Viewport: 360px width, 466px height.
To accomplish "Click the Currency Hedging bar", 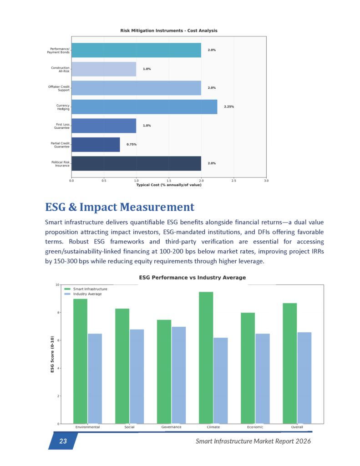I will pos(144,106).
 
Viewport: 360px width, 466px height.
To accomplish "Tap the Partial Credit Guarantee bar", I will pos(96,144).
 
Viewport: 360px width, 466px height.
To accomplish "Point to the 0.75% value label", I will pos(132,144).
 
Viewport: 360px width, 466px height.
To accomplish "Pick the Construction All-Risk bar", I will pos(104,69).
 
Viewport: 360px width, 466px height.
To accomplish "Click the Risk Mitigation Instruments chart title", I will pos(168,30).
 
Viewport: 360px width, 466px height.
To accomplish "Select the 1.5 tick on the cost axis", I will pos(169,180).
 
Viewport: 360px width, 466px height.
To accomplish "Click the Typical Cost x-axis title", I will pos(168,185).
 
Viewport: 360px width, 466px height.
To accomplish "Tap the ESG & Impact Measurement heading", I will pos(120,208).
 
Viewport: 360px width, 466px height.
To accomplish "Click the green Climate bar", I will pos(206,358).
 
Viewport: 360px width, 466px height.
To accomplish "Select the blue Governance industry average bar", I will pos(178,375).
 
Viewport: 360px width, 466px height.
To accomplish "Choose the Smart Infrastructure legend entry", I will pos(90,289).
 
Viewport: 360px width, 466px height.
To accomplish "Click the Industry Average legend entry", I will pos(87,294).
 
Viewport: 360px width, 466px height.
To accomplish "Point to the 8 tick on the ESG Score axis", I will pos(57,313).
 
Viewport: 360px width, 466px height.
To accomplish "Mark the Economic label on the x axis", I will pos(255,427).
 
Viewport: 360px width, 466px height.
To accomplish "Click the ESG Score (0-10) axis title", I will pos(52,355).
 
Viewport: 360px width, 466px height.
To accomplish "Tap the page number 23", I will pos(63,441).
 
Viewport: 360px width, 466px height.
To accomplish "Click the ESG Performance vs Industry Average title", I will pos(192,278).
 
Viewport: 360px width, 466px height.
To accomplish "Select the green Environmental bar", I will pos(80,361).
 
